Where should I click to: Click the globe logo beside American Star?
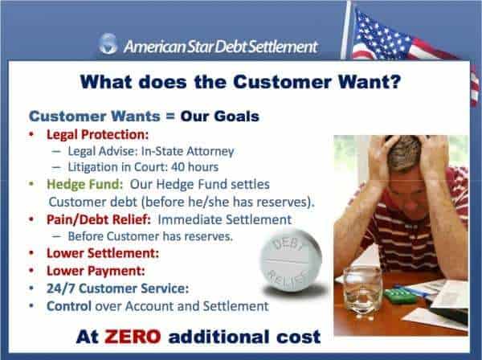pos(108,44)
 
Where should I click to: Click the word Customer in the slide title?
pos(282,82)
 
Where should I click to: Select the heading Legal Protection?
pos(97,135)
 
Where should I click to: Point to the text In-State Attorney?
pos(187,151)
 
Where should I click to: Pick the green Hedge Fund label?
pos(84,184)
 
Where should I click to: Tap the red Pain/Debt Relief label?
pos(99,219)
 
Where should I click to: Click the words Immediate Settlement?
pos(224,219)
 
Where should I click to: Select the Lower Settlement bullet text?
pos(103,253)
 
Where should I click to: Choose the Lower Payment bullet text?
pos(96,271)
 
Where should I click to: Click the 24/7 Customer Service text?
pos(117,288)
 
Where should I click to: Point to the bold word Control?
pos(69,306)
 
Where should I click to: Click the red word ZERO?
pos(133,337)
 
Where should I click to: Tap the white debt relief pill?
pos(291,260)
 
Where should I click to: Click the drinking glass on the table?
pos(362,292)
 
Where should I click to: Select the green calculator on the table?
pos(399,294)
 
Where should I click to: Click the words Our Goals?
pos(220,117)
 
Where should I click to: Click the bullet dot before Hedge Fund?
pos(31,183)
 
